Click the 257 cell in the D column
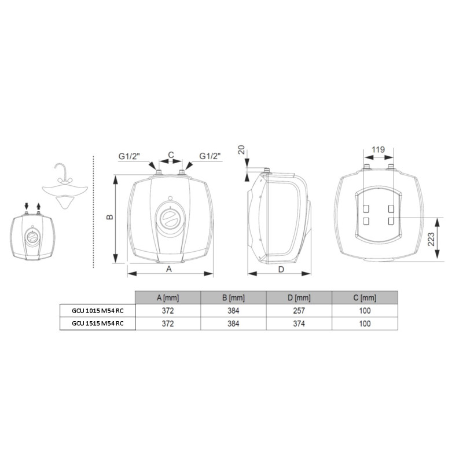pos(299,311)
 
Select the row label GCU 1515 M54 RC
pos(98,324)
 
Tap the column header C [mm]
pos(365,297)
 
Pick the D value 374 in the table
pos(299,324)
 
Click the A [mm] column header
pos(168,297)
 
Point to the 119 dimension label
pos(379,149)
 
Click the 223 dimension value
pos(431,239)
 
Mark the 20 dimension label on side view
pos(242,149)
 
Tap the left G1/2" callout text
pos(129,156)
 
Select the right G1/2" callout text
pos(210,156)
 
